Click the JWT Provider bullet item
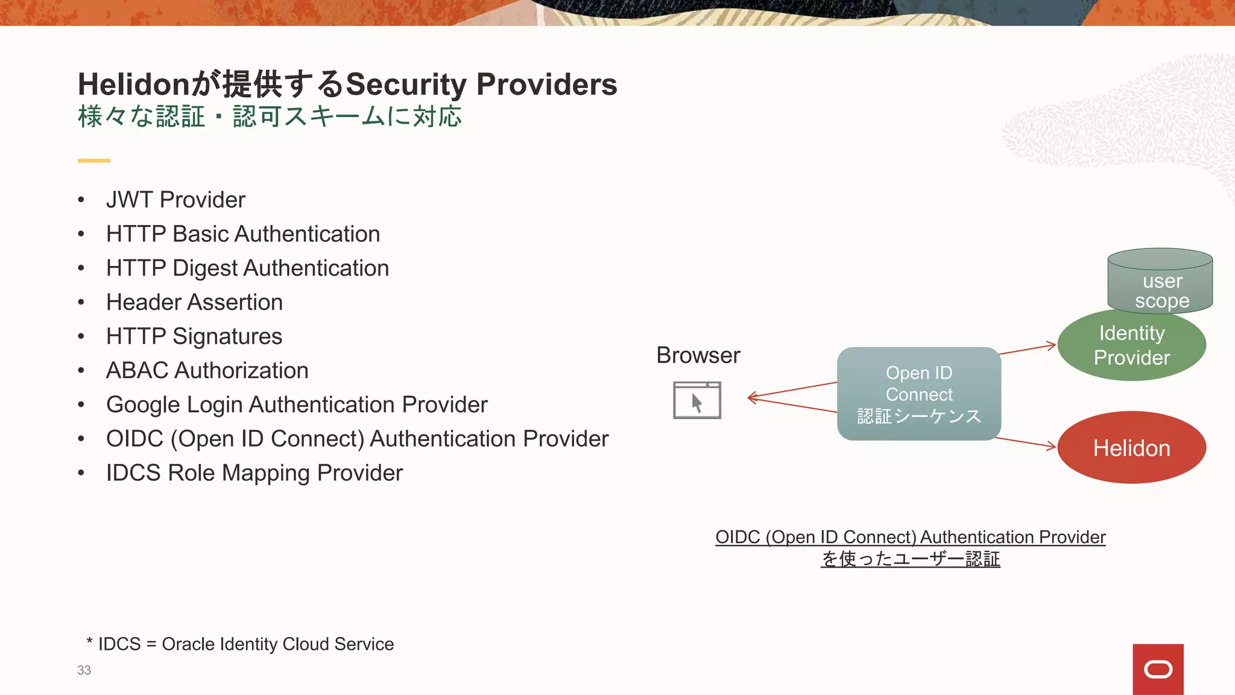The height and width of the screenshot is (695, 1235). pos(175,200)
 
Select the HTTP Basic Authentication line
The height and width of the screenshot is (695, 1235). pos(243,234)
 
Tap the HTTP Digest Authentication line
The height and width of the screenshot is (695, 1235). pos(247,268)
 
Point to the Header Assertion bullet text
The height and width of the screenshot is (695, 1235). pos(194,302)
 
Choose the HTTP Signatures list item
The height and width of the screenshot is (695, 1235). pos(194,337)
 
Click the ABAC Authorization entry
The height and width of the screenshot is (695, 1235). pos(207,370)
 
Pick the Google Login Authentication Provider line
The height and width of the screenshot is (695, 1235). pos(297,405)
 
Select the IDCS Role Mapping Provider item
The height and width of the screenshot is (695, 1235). pos(254,473)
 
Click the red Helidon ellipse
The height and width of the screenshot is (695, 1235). pos(1131,448)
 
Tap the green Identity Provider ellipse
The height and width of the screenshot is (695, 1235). pos(1131,346)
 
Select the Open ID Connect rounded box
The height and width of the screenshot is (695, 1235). pos(918,394)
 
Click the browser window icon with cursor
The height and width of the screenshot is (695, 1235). pos(697,401)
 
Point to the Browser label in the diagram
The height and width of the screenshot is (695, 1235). pos(698,355)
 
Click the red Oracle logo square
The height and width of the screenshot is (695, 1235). pos(1158,669)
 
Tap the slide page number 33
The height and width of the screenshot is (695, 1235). pos(84,670)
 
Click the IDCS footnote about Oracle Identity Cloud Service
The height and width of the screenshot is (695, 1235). pos(241,644)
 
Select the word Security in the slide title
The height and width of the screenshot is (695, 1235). pos(406,84)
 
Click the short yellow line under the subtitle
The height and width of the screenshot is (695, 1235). pos(94,160)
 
